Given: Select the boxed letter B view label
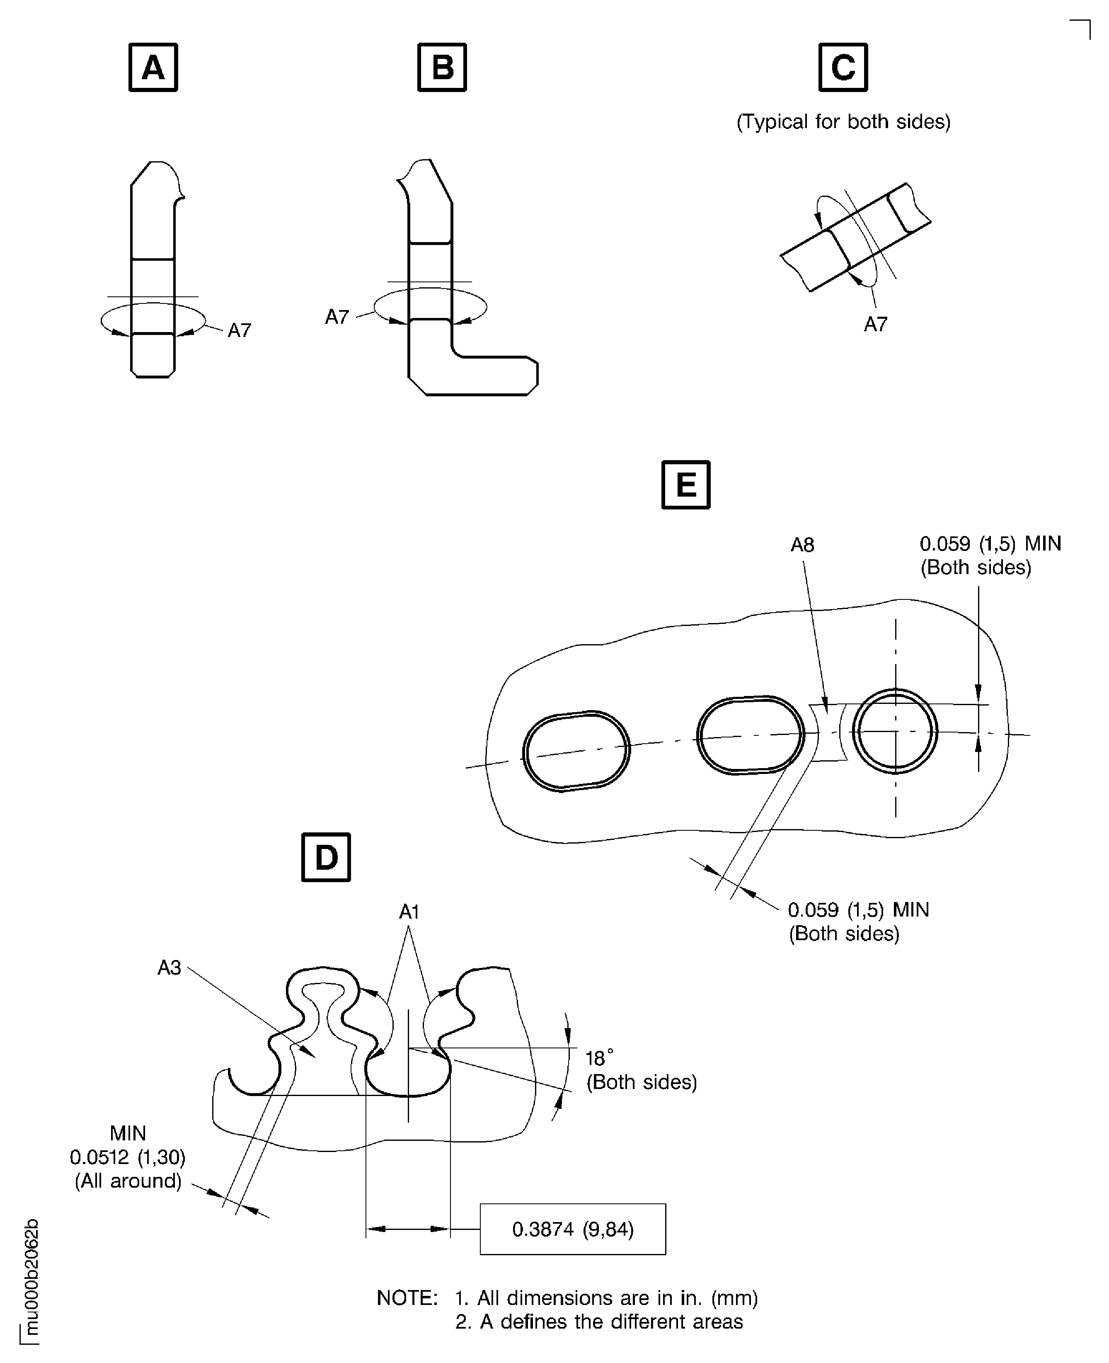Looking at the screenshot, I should [x=442, y=67].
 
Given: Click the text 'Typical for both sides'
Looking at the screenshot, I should [x=843, y=121].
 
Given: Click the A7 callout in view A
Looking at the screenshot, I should [x=240, y=330].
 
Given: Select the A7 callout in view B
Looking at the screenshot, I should [x=337, y=317].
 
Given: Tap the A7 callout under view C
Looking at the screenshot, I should [x=875, y=325].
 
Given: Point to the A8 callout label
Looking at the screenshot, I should [x=802, y=545].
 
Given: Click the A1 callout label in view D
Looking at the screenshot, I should [x=409, y=912].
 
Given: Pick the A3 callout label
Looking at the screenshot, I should [x=169, y=968].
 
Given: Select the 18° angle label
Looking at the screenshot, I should [x=598, y=1058].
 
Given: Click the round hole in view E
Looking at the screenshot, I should [x=895, y=731].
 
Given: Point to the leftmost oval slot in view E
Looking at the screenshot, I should [x=576, y=751].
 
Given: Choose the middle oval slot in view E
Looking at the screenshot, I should [x=750, y=735].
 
